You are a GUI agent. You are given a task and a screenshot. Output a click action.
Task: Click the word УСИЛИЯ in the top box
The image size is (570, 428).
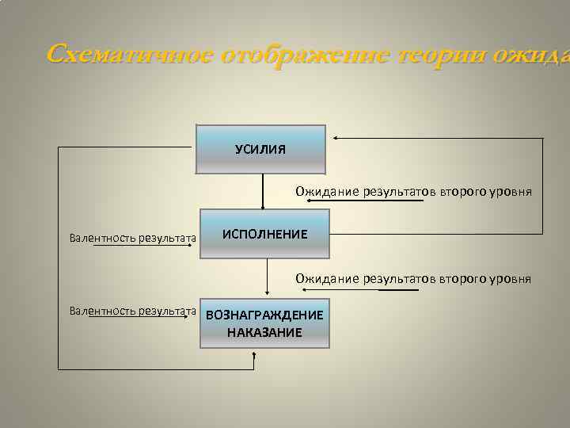click(260, 149)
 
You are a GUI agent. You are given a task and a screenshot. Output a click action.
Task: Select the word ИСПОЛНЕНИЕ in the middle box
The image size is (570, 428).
click(264, 235)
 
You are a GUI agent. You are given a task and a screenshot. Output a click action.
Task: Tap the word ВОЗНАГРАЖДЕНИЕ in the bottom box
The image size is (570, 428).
click(264, 315)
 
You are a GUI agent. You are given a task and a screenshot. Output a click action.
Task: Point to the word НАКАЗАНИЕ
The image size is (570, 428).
click(264, 332)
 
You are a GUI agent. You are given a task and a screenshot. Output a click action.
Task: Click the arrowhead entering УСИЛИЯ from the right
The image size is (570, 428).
click(336, 138)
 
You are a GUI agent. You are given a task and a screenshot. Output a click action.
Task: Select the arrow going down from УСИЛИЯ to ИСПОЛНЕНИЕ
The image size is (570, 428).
click(263, 191)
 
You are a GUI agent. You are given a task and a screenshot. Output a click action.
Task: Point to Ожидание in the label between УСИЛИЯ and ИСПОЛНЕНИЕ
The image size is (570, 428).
click(328, 191)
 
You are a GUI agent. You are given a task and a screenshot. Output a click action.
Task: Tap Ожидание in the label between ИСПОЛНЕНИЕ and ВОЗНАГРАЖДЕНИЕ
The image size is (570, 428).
click(328, 279)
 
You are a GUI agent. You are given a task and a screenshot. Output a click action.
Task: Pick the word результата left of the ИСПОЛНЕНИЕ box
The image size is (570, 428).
click(167, 237)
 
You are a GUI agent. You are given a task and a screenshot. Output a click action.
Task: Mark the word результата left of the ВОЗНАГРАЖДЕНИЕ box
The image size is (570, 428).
click(167, 311)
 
